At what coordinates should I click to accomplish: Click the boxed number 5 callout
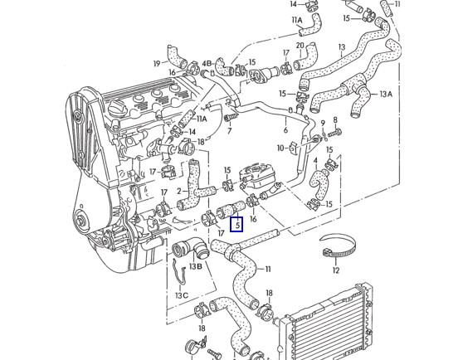point(236,223)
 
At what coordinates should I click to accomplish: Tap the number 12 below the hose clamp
point(335,270)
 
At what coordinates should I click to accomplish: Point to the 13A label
point(386,95)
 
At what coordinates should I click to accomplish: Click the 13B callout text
point(195,266)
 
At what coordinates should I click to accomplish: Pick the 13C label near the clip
point(181,295)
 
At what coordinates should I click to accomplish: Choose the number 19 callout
point(155,63)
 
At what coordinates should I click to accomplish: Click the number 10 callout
point(281,148)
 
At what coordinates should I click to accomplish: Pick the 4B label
point(207,63)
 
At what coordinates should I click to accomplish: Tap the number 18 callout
point(269,293)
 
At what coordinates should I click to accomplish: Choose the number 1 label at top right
point(397,4)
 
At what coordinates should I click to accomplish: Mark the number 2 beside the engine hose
point(178,191)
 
